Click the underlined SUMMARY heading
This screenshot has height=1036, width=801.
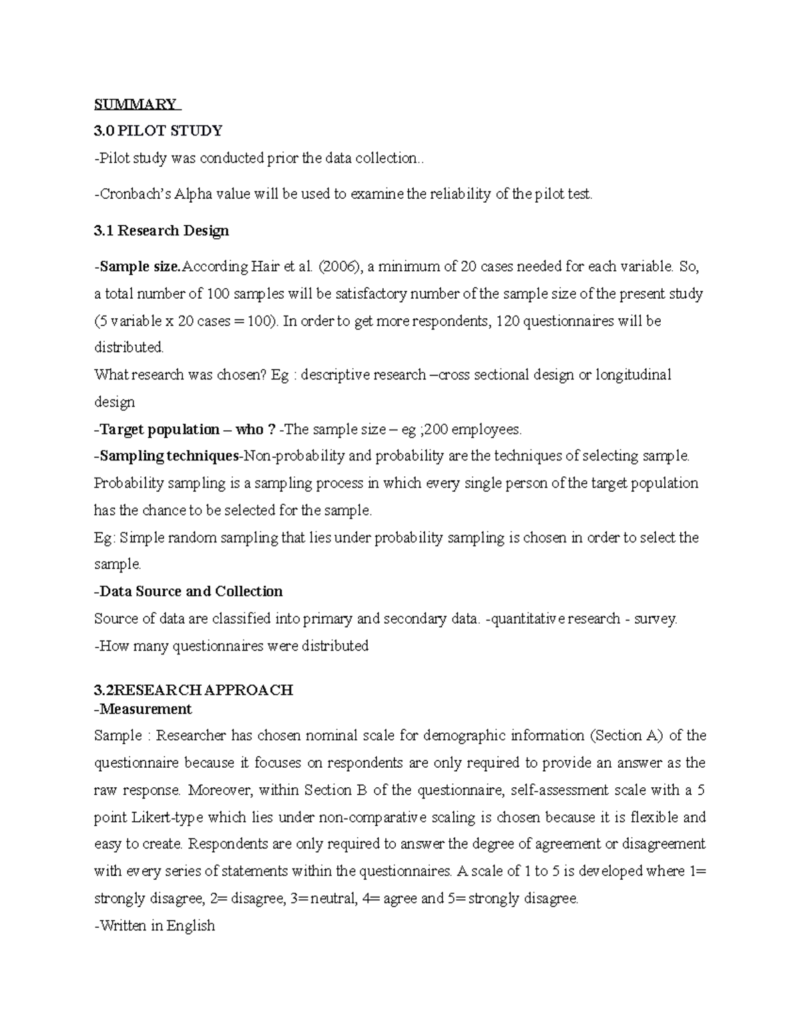coord(136,104)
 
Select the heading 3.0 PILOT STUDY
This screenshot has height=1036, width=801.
coord(158,130)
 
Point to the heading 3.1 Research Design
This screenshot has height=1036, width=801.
coord(162,231)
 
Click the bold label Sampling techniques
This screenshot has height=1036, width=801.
coord(169,456)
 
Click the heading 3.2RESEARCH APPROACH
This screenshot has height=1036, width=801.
coord(194,690)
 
